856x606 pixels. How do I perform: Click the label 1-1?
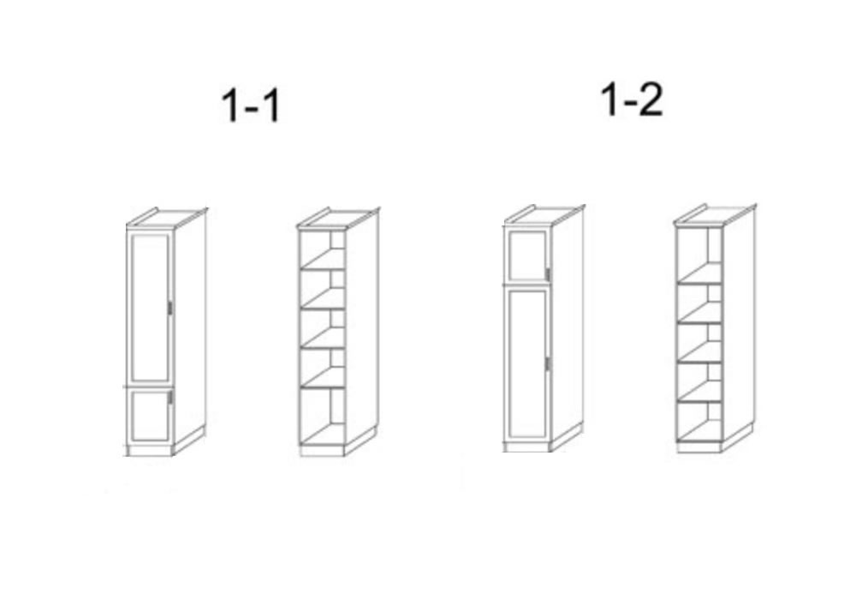[x=251, y=106]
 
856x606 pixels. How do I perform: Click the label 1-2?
[x=632, y=99]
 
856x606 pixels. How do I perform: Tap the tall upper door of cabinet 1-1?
[x=150, y=307]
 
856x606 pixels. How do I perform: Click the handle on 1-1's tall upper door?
[x=169, y=309]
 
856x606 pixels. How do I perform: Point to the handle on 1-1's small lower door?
[x=170, y=397]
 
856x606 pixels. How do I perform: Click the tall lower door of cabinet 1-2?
[x=527, y=364]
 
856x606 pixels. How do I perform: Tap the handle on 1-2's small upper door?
[x=548, y=275]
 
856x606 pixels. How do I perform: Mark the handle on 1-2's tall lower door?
[x=548, y=364]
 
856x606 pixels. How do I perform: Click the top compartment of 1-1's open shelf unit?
[x=322, y=249]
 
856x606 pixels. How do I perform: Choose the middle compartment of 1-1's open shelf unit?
[x=322, y=329]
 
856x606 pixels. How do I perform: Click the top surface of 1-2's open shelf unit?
[x=715, y=216]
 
